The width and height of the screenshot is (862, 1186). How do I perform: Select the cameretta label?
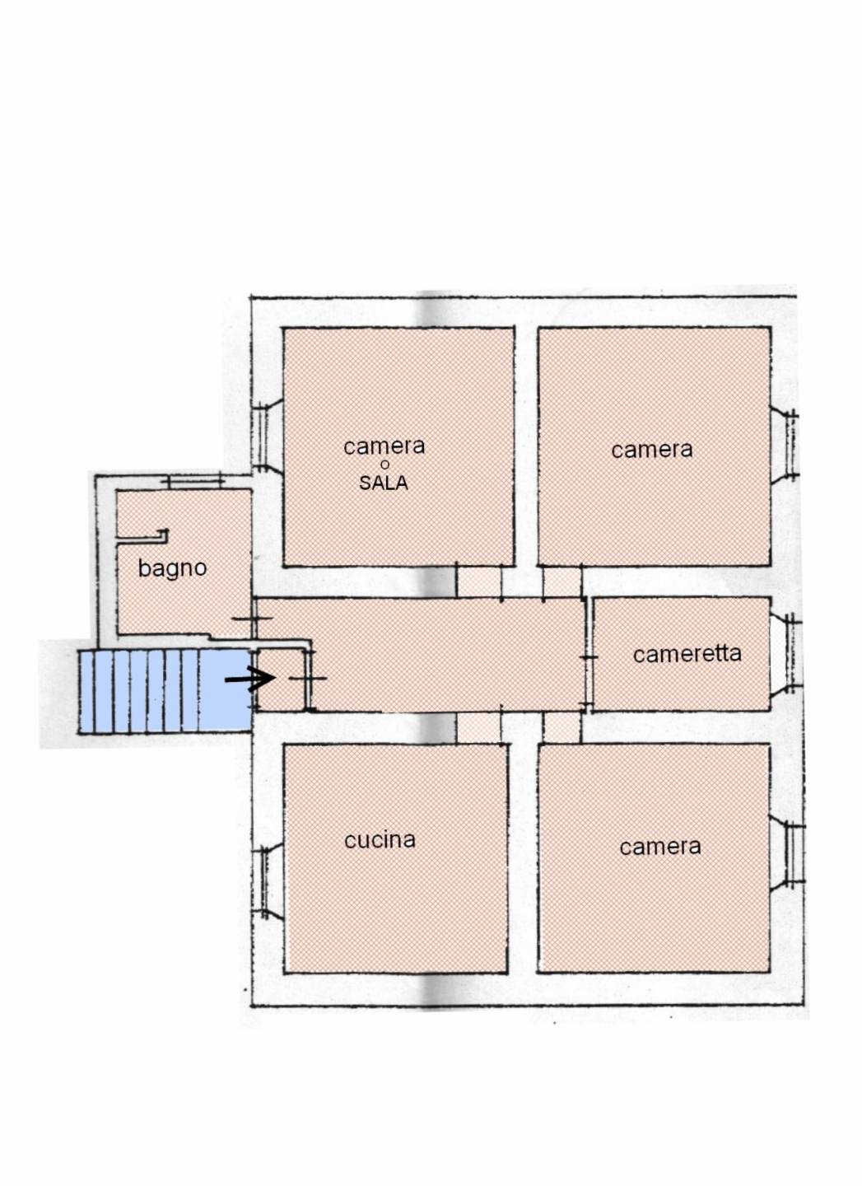(687, 655)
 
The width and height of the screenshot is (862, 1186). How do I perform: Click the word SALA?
(384, 483)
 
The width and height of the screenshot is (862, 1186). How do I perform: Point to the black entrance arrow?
(249, 679)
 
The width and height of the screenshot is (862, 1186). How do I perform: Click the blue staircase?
(165, 691)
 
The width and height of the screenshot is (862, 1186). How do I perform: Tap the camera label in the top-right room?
(652, 450)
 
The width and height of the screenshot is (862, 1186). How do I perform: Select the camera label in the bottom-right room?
(660, 847)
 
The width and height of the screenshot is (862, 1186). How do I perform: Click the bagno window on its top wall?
(196, 482)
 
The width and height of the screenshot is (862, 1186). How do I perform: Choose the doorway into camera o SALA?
(478, 581)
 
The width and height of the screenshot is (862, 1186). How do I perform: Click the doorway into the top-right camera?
(562, 581)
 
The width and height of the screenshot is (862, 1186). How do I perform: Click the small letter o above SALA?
(384, 465)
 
